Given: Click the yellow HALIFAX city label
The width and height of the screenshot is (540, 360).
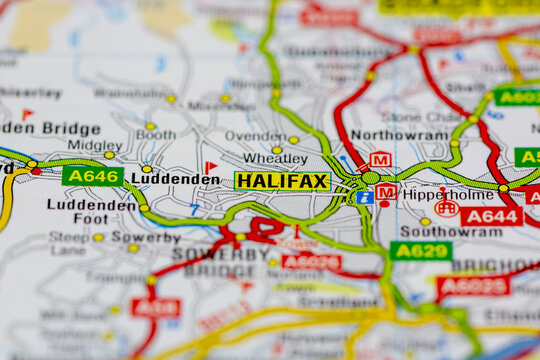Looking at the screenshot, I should [x=282, y=181].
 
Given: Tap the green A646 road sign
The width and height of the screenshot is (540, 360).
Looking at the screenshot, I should [x=92, y=176].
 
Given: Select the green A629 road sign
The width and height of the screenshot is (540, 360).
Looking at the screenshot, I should [x=420, y=250].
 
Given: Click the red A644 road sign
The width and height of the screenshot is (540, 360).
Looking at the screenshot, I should [x=491, y=216].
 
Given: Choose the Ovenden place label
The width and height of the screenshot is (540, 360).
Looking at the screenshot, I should [x=254, y=136].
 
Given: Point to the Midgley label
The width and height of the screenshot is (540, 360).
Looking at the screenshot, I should [x=94, y=145].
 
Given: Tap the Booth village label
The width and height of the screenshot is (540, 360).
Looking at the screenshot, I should [x=155, y=135].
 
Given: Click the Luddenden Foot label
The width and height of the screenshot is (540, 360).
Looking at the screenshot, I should [x=91, y=211].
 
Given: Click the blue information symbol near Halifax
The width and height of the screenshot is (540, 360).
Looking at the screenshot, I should [x=365, y=197].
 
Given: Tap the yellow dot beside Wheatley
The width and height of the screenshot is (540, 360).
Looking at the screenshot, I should [x=276, y=150].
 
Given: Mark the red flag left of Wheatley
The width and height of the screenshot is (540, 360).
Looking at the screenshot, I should [x=210, y=167].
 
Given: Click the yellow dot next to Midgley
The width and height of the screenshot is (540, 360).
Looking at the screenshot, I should [x=109, y=155].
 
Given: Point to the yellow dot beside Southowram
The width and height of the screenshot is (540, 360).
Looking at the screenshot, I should [x=425, y=222].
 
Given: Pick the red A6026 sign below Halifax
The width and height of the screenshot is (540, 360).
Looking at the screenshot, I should [x=311, y=262].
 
